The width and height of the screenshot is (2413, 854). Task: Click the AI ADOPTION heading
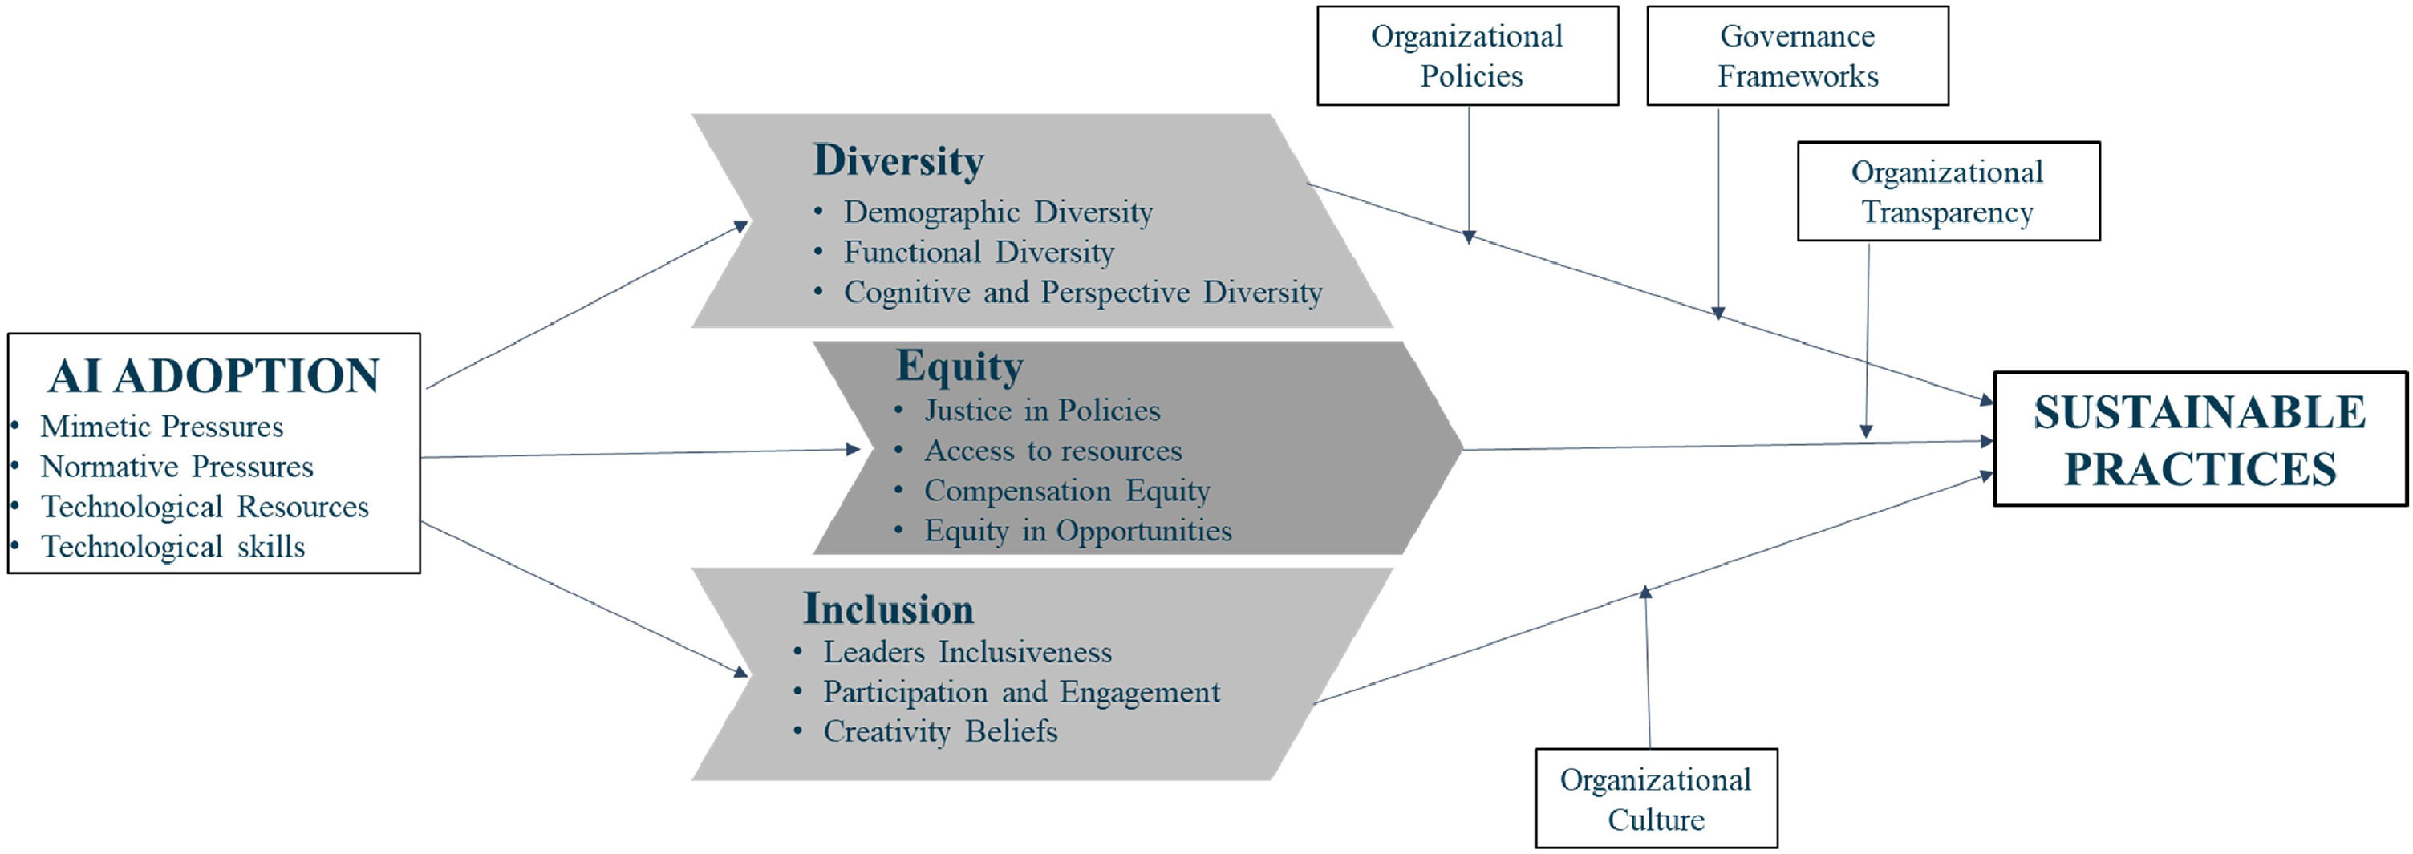(213, 376)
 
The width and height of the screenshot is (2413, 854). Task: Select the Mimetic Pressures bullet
(161, 427)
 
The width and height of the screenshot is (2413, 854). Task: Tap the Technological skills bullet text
(173, 547)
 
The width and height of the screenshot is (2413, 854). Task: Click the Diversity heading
(898, 160)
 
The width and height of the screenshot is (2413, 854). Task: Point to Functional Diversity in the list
(979, 252)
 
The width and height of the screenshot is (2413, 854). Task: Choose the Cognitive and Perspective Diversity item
(1083, 292)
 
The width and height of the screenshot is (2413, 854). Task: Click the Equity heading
(959, 366)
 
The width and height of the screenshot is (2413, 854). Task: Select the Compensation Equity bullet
(1067, 491)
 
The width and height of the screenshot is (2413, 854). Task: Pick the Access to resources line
(1052, 451)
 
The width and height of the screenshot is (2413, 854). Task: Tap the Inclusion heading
(888, 609)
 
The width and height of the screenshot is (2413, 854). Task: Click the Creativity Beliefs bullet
(940, 731)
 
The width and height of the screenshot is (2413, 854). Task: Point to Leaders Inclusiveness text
(967, 652)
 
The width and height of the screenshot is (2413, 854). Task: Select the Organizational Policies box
(1467, 56)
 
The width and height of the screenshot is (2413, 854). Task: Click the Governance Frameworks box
(1797, 56)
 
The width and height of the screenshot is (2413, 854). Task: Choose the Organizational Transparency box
(1948, 192)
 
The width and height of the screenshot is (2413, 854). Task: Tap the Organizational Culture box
(1655, 799)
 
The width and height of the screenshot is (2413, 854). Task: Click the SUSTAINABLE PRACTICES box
(2200, 440)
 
